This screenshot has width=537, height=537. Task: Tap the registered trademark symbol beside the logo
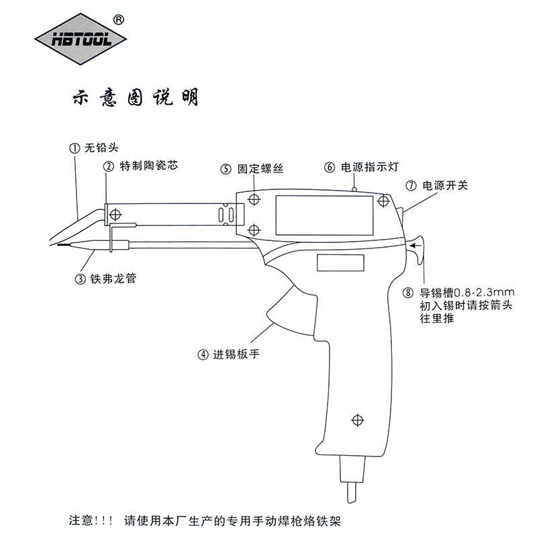click(x=119, y=19)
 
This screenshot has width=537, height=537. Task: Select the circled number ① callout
click(x=75, y=149)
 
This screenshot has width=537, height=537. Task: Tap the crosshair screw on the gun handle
click(x=357, y=420)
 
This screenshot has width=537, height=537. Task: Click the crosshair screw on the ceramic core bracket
click(x=115, y=215)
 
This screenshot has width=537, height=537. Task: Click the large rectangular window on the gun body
click(x=324, y=213)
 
